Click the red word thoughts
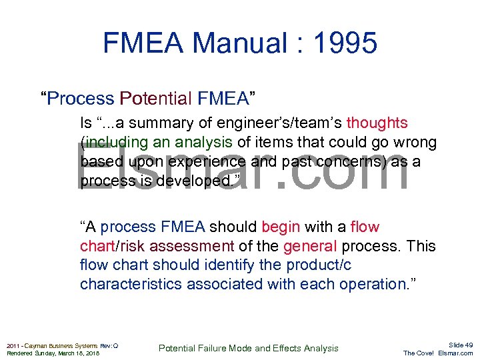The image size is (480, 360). [x=377, y=123]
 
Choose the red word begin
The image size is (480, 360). [x=283, y=227]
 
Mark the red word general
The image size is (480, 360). [x=310, y=247]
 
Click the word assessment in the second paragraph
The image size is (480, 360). [x=193, y=247]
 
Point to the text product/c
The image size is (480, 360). [x=319, y=265]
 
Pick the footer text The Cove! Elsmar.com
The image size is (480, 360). [x=438, y=353]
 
